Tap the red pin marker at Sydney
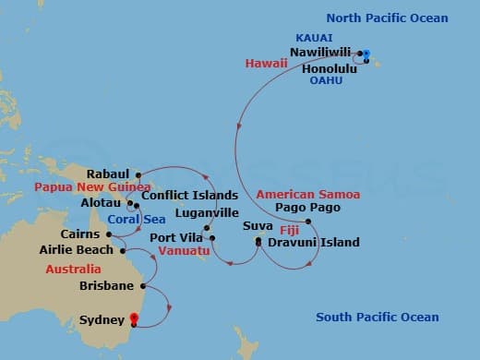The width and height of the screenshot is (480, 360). pos(135,321)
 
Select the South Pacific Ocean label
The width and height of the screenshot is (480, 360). pos(378,318)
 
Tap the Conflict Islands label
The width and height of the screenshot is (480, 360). pos(182,196)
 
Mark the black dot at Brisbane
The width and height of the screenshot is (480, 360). pos(141,286)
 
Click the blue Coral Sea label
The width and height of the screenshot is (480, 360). pos(130,220)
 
